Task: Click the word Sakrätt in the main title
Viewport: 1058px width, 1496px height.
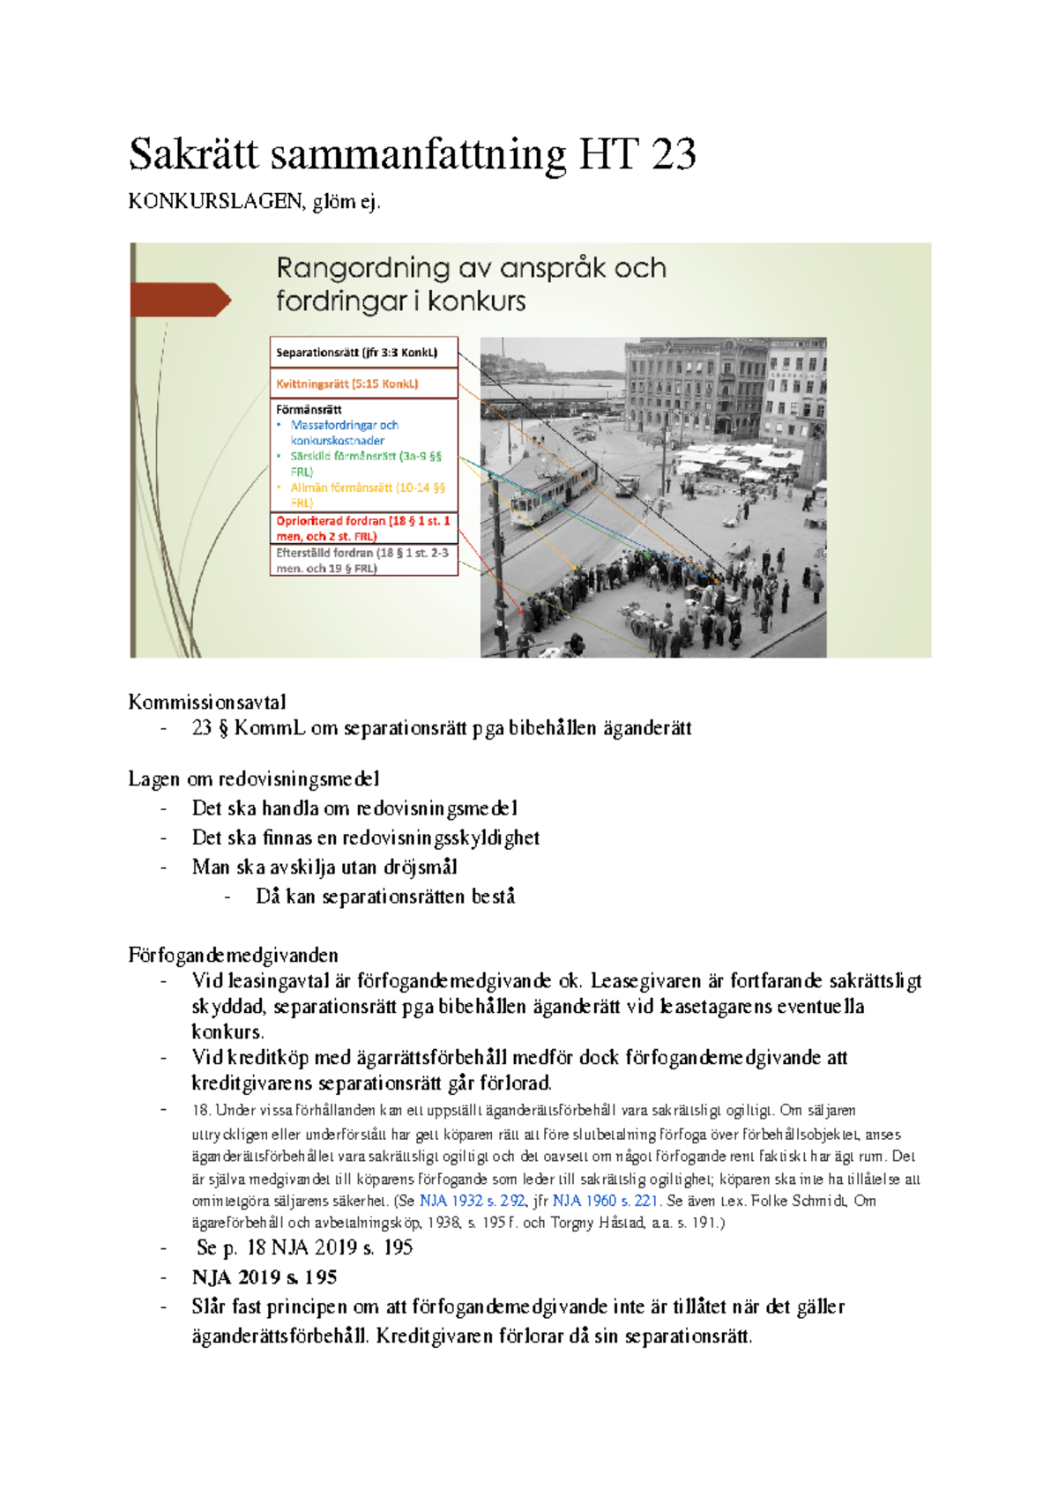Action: coord(194,155)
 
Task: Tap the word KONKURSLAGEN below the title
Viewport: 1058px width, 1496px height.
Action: coord(215,202)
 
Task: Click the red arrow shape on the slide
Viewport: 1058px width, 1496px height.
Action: coord(180,300)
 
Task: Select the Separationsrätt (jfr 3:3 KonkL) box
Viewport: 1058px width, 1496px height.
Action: coord(363,352)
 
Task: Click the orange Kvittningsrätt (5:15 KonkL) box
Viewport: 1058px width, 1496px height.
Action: coord(363,383)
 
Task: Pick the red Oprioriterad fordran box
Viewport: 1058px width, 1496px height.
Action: coord(363,528)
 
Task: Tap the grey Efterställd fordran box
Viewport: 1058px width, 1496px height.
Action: coord(363,561)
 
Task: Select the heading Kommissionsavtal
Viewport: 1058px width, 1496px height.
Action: coord(207,703)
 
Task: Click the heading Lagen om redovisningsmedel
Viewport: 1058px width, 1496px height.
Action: coord(254,778)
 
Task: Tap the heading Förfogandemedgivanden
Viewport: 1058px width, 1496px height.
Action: coord(233,955)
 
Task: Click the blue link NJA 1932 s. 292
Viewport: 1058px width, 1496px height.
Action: coord(472,1201)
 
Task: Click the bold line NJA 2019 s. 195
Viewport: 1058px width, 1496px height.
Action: coord(264,1277)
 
